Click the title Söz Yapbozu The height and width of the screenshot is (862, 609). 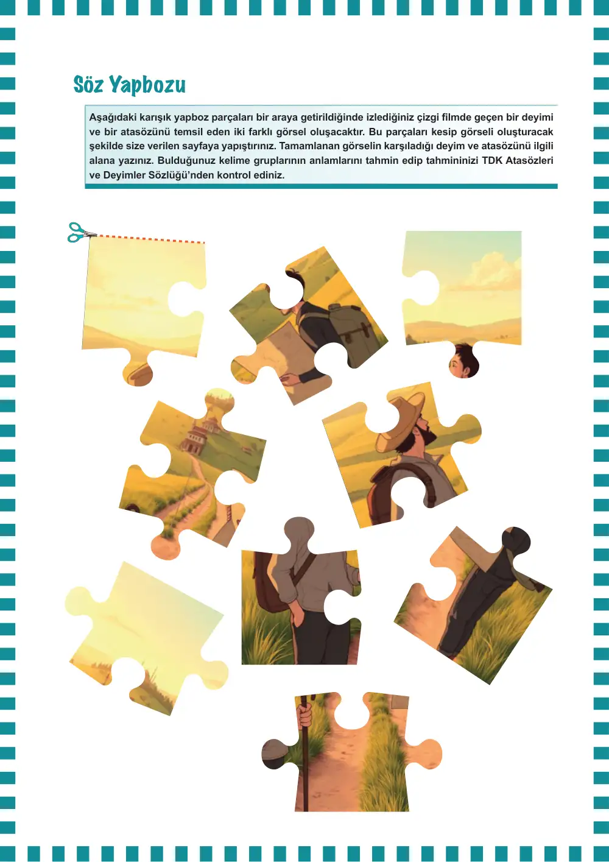coord(129,85)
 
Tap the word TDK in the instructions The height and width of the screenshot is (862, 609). coord(492,160)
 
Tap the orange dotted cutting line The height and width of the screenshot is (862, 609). coord(150,239)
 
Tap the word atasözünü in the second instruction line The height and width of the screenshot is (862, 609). coord(144,132)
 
